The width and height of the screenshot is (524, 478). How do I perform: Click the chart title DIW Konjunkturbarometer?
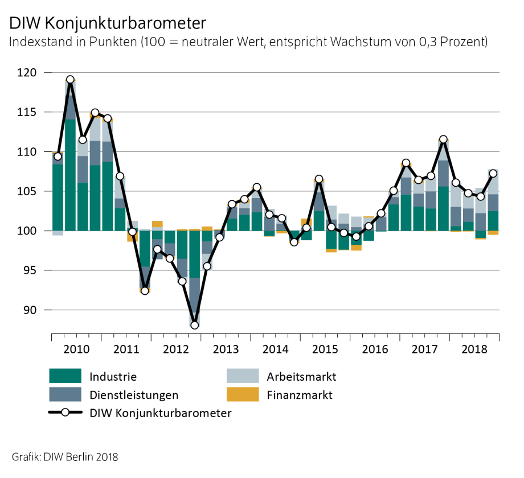pyautogui.click(x=107, y=23)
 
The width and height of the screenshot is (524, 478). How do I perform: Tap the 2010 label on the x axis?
pyautogui.click(x=76, y=348)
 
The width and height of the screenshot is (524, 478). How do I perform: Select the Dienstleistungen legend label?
pyautogui.click(x=134, y=395)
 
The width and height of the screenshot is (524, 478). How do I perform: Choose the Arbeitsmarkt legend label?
pyautogui.click(x=301, y=376)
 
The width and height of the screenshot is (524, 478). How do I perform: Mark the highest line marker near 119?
pyautogui.click(x=70, y=80)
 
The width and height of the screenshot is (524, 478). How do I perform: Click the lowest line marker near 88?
pyautogui.click(x=195, y=325)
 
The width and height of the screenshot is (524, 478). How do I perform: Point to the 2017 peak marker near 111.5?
pyautogui.click(x=444, y=139)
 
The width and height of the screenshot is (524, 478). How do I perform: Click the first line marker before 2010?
pyautogui.click(x=58, y=156)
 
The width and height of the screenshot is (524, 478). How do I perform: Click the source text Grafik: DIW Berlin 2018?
pyautogui.click(x=64, y=456)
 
